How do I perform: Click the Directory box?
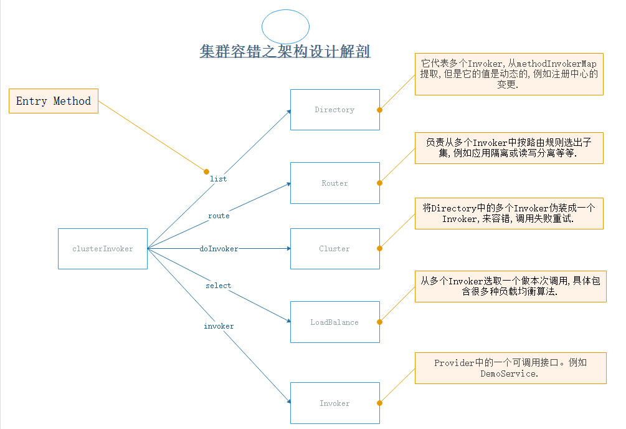coord(334,110)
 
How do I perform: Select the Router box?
coord(334,183)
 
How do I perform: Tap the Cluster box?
coord(334,249)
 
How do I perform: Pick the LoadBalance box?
coord(334,322)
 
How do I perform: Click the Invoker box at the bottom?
coord(334,403)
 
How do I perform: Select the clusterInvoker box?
coord(103,249)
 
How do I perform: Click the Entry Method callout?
coord(54,101)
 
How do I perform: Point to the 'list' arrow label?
coord(218,179)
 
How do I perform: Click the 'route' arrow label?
coord(219,216)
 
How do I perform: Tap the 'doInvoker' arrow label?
coord(219,249)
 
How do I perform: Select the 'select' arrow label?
coord(218,286)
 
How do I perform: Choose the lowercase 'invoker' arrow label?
coord(219,326)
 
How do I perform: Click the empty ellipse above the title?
coord(285,27)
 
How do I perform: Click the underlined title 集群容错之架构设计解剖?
coord(285,51)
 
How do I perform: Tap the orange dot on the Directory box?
coord(379,110)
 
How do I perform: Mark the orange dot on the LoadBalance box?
coord(379,322)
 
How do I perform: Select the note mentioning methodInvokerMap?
coord(508,74)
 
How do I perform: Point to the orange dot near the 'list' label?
coord(207,171)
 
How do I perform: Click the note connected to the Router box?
coord(508,148)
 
